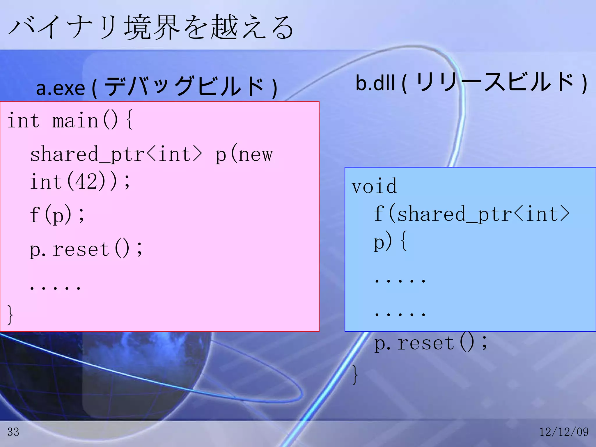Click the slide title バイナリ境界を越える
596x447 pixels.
coord(151,28)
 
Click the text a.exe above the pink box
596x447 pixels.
coord(60,88)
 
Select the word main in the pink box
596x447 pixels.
coord(75,120)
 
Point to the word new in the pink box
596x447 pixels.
coord(256,155)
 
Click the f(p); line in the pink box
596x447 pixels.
coord(57,214)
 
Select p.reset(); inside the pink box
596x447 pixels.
coord(86,249)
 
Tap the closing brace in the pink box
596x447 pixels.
coord(10,314)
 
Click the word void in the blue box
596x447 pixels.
coord(374,186)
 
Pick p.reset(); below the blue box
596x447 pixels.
coord(431,343)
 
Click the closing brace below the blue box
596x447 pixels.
coord(355,375)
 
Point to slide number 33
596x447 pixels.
coord(13,432)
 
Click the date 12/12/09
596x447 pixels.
coord(564,432)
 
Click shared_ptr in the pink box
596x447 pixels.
coord(87,155)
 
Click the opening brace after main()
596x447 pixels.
coord(130,120)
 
